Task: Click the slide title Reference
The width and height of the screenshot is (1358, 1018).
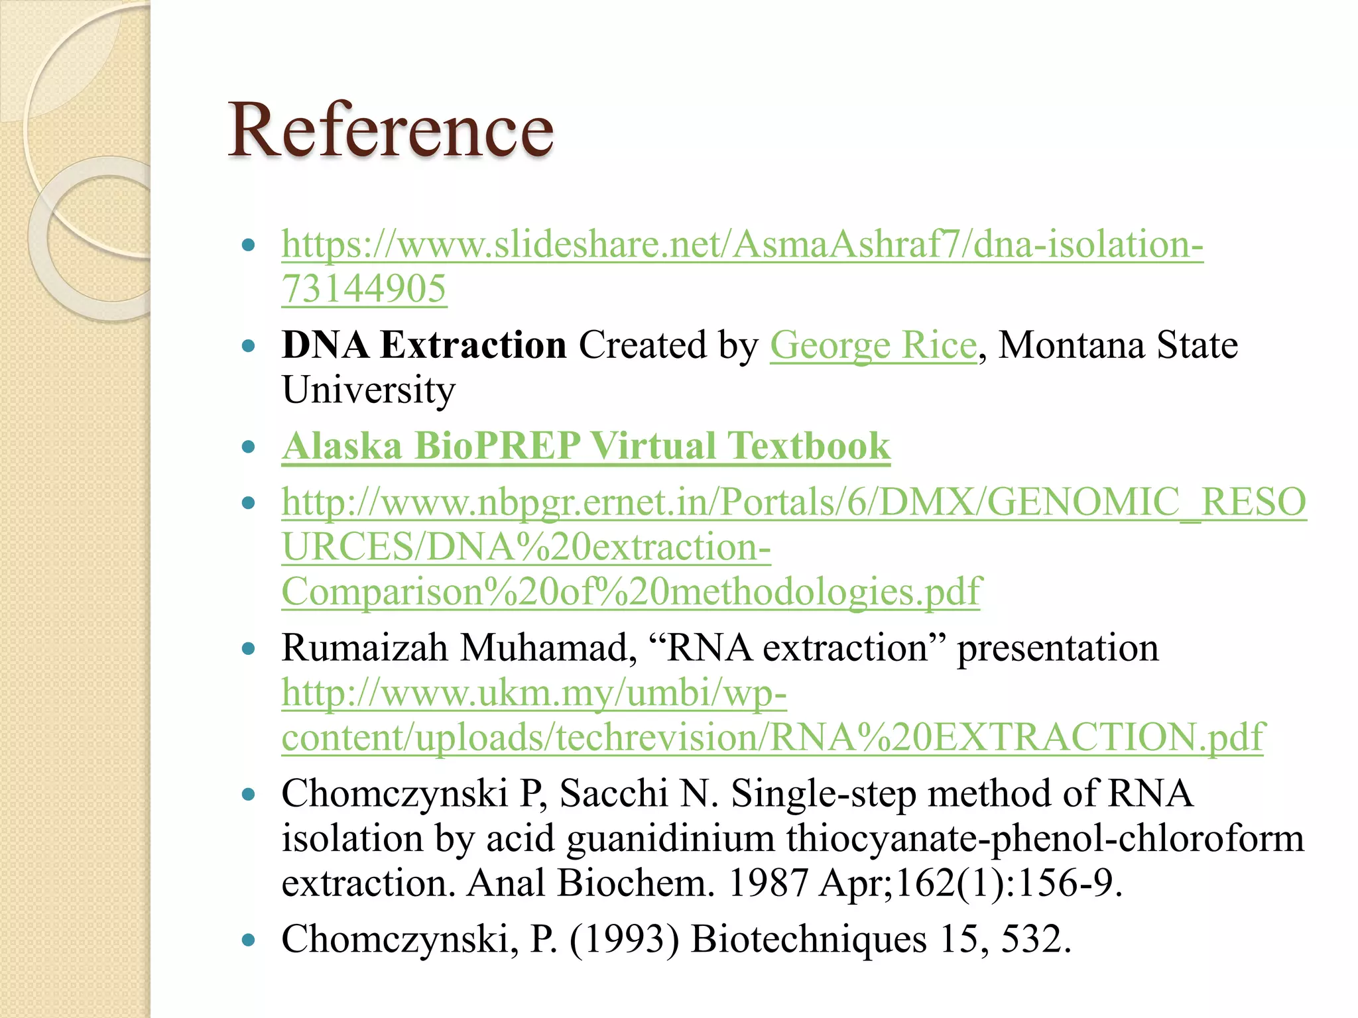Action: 391,130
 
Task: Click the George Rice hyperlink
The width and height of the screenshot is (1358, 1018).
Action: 873,346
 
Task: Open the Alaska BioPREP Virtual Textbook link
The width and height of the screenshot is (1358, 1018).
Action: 586,446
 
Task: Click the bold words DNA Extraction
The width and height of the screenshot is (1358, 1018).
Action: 424,346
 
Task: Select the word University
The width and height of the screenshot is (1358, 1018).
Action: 369,390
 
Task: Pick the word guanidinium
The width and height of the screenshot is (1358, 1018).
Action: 670,839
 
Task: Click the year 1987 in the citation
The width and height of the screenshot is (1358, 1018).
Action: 768,883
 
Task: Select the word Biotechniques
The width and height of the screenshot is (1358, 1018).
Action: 808,940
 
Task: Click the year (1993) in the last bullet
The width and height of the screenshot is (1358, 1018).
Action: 624,940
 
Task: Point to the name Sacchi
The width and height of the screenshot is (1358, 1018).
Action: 613,794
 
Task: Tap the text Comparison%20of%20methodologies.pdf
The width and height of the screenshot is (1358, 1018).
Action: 631,592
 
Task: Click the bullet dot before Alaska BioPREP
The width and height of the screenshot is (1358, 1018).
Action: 249,447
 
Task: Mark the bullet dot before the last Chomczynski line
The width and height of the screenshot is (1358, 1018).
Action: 249,940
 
